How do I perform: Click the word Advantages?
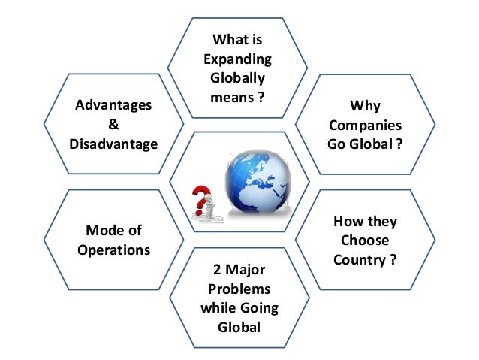pos(113,105)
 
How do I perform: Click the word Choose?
pos(365,241)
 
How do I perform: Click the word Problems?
pos(239,289)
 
